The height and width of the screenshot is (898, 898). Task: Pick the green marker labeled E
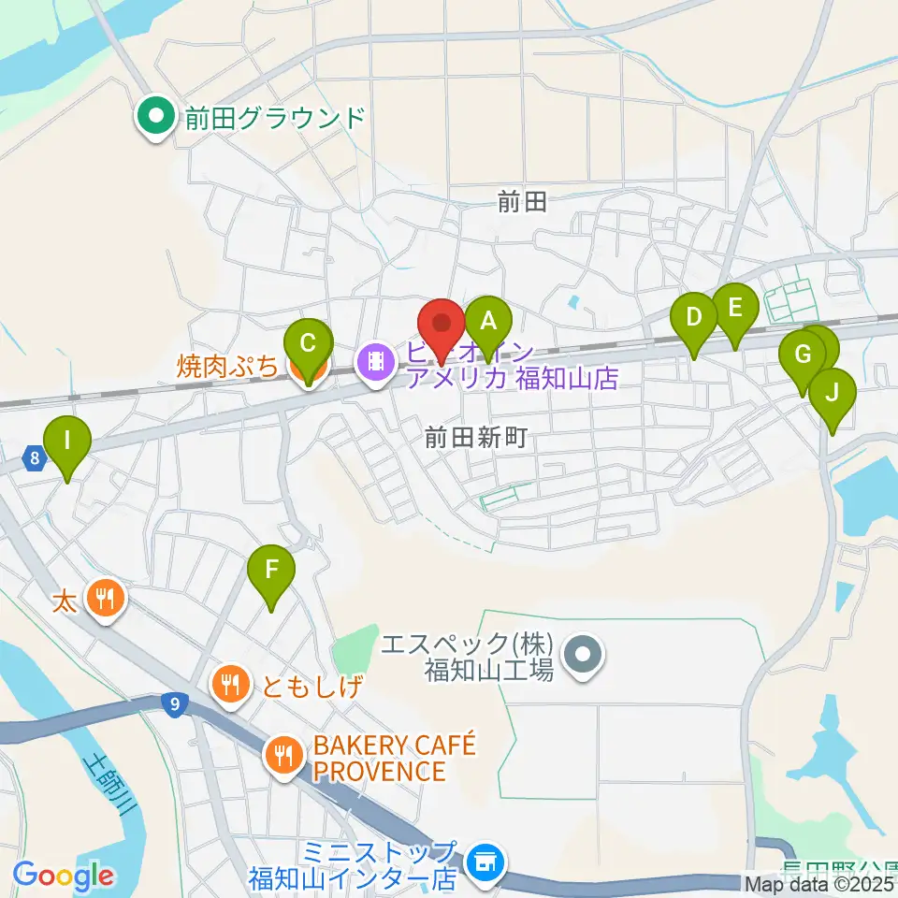tap(734, 308)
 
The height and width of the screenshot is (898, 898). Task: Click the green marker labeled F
tap(271, 570)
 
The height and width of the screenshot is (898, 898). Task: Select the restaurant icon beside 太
tap(103, 596)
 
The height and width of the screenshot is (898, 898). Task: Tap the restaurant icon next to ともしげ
tap(231, 684)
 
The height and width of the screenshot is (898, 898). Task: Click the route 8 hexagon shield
tap(35, 458)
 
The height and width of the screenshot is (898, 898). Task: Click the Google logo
tap(63, 876)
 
